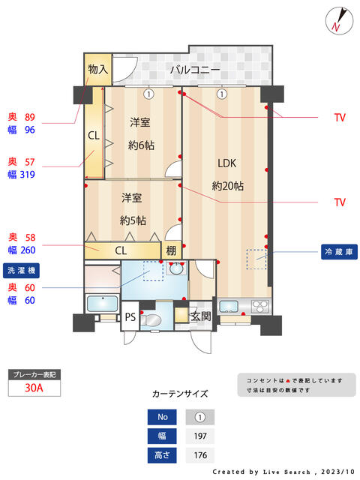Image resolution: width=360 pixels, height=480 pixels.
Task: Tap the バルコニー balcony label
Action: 194,70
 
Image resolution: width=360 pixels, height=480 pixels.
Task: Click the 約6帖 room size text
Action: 141,144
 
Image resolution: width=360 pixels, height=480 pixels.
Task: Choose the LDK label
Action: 226,163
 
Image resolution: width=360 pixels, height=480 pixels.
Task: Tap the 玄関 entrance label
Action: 200,316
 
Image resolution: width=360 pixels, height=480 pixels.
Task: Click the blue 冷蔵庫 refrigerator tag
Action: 339,251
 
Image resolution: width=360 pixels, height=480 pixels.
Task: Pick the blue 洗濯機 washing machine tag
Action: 25,269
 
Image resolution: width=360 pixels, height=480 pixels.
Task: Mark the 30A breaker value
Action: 33,388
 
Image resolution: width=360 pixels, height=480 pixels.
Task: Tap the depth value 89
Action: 30,117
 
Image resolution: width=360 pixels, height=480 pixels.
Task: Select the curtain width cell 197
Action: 199,436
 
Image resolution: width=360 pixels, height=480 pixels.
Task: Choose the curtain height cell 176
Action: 199,455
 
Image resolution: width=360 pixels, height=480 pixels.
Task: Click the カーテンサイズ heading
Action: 180,393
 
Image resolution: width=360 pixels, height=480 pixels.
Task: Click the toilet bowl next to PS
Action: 152,320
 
